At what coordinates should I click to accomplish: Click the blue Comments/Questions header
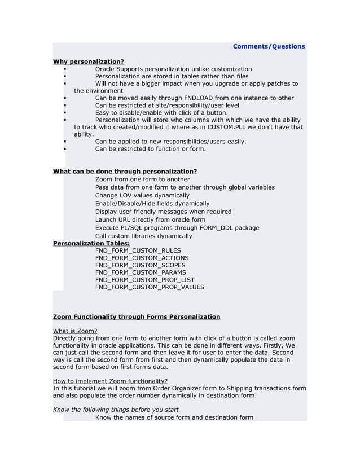269,46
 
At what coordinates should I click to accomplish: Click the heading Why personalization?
89,61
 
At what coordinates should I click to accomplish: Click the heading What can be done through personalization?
125,171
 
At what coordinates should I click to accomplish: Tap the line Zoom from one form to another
142,179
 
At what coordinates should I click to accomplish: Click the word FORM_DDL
217,228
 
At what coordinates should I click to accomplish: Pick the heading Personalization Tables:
91,243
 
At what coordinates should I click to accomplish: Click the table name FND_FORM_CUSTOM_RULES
138,250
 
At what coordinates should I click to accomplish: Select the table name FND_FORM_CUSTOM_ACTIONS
142,258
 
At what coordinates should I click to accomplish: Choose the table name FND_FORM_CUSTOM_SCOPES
140,265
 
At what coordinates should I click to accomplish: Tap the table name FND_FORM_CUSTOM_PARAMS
141,272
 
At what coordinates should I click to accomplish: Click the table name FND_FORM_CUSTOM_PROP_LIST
144,280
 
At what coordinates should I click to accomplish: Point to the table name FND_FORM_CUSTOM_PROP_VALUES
150,287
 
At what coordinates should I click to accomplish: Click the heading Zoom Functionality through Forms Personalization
136,317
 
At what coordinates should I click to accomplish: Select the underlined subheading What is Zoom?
75,331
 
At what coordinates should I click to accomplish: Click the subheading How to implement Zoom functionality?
110,381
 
